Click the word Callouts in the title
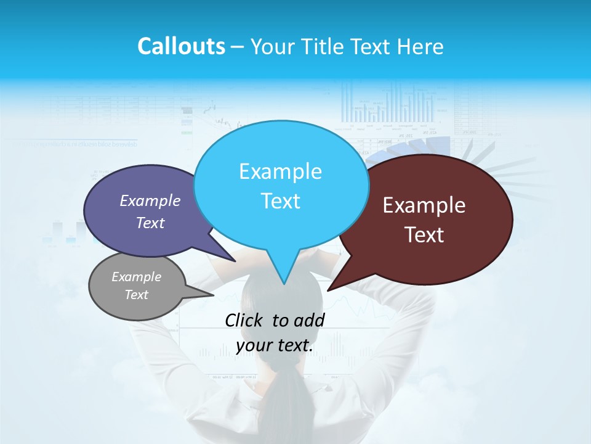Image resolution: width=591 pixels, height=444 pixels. pos(181,46)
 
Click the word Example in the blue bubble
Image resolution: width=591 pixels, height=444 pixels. pos(280,171)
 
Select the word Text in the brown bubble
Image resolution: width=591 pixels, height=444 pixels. pos(425,235)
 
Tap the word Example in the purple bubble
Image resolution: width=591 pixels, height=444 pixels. pos(150,201)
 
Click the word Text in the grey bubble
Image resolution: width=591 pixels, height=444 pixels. pos(137,295)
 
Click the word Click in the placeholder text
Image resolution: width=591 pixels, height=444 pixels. pos(244,320)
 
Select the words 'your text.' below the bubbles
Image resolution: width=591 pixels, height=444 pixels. pos(275,346)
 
